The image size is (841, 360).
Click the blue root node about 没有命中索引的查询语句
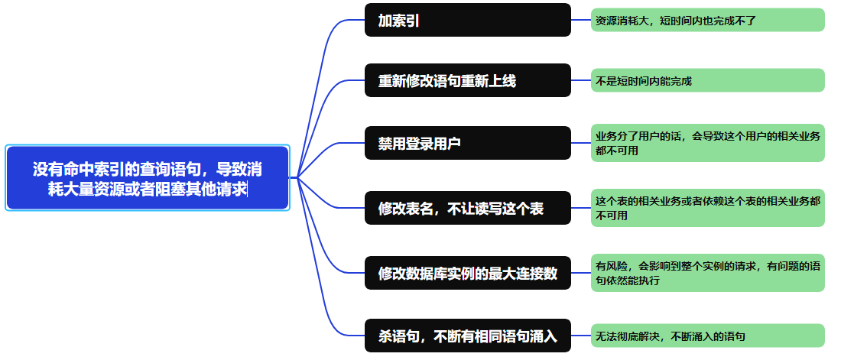[148, 177]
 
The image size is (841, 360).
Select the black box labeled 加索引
[468, 20]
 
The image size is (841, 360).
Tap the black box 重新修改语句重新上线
[468, 80]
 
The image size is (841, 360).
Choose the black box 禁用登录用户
[468, 143]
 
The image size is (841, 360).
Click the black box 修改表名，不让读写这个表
[468, 208]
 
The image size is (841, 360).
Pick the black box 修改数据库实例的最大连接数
[468, 273]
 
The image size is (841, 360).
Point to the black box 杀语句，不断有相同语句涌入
[468, 335]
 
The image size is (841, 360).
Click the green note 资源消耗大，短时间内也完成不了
[708, 20]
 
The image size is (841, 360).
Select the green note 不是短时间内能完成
[708, 80]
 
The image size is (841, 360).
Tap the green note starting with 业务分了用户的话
[708, 143]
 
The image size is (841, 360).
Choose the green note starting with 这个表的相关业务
[708, 208]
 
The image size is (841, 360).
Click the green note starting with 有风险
[708, 273]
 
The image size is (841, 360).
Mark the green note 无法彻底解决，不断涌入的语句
[708, 335]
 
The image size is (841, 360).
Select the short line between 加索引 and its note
[581, 20]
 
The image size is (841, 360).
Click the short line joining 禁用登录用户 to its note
[581, 143]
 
